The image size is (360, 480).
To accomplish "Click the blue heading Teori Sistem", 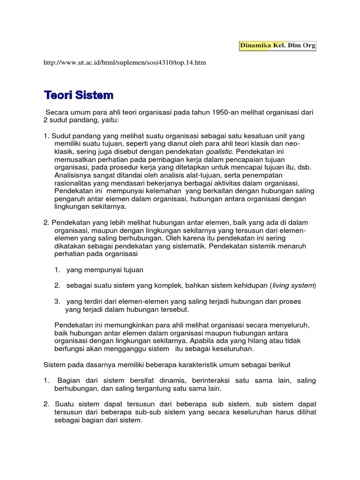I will point(79,95).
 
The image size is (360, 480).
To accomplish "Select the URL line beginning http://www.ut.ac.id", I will point(125,62).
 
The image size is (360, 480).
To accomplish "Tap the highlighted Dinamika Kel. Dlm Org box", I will point(277,45).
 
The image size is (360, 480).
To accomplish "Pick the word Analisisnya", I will point(74,175).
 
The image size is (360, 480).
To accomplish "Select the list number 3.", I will point(56,301).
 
